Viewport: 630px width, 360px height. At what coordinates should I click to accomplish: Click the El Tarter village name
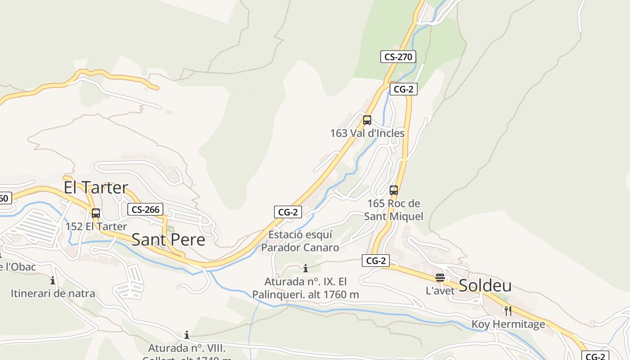point(96,187)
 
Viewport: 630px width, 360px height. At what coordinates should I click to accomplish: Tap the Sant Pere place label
point(168,239)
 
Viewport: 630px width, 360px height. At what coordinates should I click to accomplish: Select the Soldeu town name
point(485,285)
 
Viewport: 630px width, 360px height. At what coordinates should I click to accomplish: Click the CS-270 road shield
point(398,57)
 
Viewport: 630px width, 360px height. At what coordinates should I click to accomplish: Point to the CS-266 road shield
point(145,209)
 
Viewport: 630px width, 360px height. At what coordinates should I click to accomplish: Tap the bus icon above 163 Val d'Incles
point(367,120)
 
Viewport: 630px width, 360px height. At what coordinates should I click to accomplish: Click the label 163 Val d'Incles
point(367,133)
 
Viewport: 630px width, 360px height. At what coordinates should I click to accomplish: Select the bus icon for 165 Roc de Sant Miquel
point(394,190)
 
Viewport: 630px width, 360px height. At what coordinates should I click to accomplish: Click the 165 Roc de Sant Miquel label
point(394,210)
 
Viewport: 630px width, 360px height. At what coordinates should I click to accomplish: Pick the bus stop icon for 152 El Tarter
point(96,213)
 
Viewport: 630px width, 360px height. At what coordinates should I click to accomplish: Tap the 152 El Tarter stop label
point(96,226)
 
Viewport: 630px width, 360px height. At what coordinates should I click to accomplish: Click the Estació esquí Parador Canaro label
point(300,241)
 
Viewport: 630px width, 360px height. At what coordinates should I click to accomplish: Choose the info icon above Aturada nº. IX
point(306,269)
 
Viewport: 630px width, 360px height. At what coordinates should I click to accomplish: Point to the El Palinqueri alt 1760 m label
point(306,288)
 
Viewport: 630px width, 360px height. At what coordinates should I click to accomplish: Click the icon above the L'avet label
point(440,278)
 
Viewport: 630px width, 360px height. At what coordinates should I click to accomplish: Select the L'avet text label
point(440,291)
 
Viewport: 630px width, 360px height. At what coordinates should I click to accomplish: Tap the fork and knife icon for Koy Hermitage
point(508,310)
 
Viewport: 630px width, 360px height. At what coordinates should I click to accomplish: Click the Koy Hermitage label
point(508,324)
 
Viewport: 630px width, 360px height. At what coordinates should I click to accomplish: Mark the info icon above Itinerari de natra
point(53,280)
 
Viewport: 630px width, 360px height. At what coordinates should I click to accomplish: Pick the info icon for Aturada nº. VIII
point(187,335)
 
